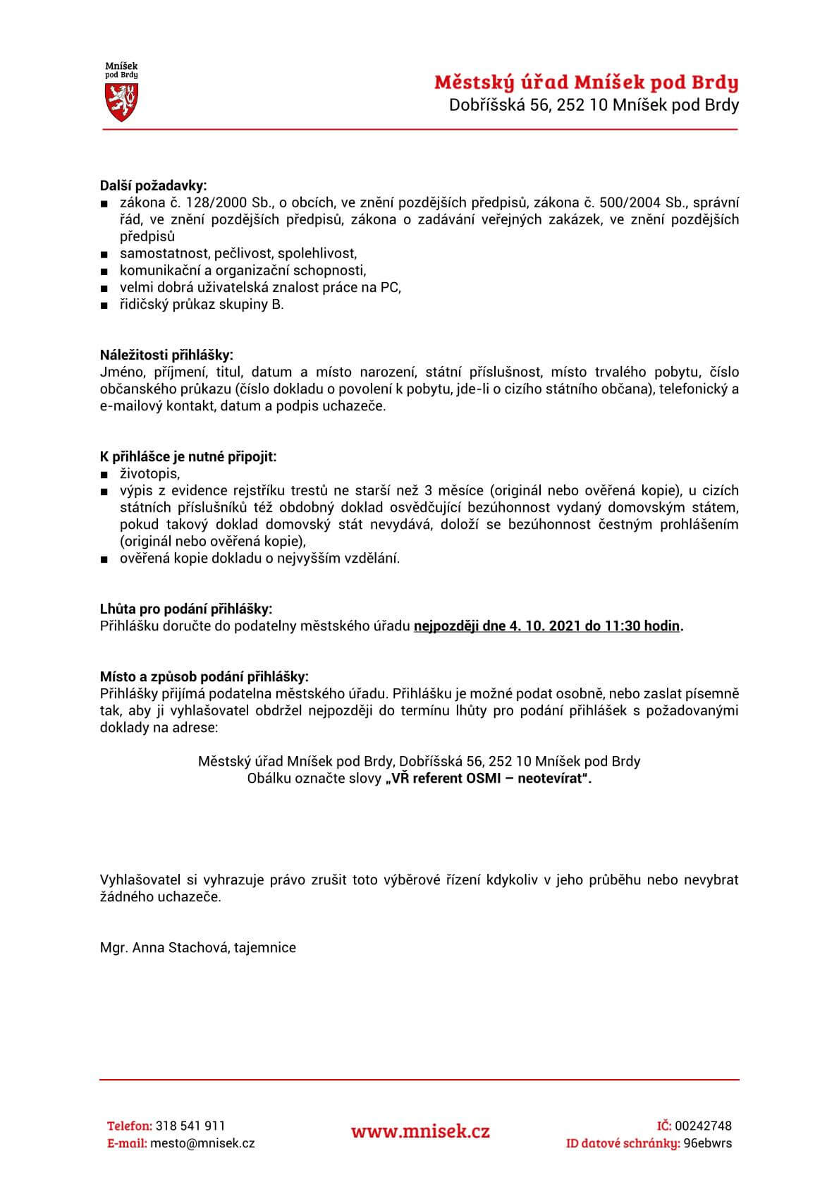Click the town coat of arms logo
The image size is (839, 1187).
121,92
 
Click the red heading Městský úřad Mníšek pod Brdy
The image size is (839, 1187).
586,83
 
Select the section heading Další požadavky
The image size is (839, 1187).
154,185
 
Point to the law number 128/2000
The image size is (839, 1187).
204,202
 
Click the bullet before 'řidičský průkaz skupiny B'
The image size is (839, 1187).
104,305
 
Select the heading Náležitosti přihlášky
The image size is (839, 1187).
166,355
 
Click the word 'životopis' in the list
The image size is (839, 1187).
149,473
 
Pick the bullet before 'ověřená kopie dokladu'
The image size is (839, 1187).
104,559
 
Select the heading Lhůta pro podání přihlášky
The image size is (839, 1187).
185,609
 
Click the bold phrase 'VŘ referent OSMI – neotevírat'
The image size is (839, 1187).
488,779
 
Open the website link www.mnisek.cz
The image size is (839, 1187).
420,1132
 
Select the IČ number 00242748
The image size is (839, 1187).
703,1126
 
